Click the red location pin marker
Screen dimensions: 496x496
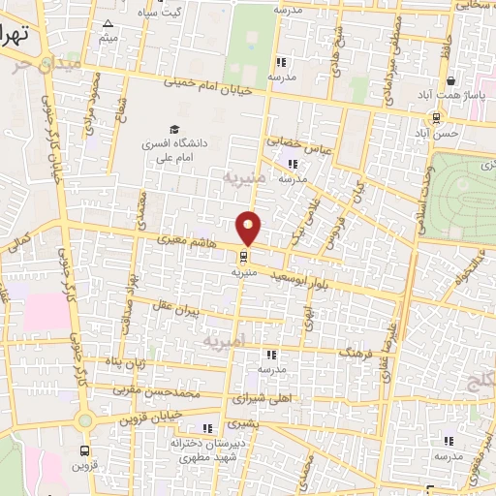point(250,228)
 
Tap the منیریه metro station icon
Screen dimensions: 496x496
point(242,257)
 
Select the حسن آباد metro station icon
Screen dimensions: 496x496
point(436,118)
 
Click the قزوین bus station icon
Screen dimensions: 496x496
point(85,450)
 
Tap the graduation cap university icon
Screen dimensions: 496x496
point(174,129)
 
